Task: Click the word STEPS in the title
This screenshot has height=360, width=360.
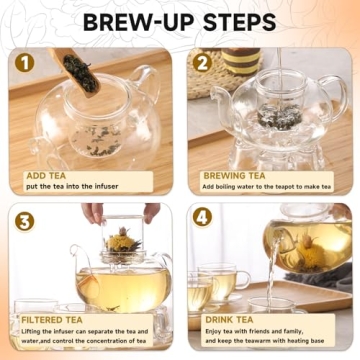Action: (x=237, y=21)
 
